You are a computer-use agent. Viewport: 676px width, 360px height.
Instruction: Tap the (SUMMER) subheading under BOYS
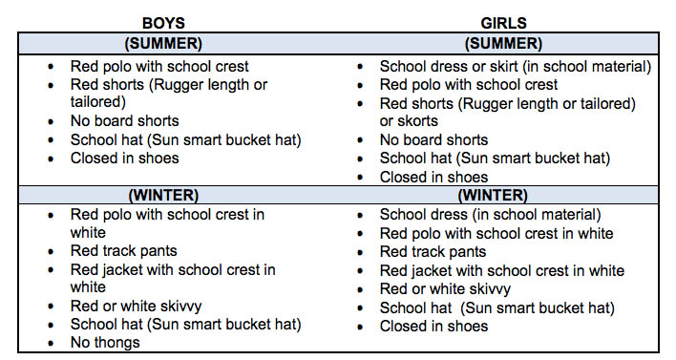(164, 43)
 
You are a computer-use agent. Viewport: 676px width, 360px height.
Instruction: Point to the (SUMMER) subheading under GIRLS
(502, 43)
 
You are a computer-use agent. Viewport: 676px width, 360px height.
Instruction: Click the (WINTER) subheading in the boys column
(163, 195)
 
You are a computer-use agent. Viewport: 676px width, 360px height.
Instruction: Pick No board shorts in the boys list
(124, 121)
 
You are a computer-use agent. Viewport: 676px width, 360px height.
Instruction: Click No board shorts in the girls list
(433, 140)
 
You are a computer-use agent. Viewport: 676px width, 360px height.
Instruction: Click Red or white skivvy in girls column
(445, 288)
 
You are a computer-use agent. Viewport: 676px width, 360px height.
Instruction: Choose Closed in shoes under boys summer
(124, 159)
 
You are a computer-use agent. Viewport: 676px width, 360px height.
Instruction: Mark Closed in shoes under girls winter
(433, 326)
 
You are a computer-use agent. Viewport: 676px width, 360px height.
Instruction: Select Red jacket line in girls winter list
(501, 270)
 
